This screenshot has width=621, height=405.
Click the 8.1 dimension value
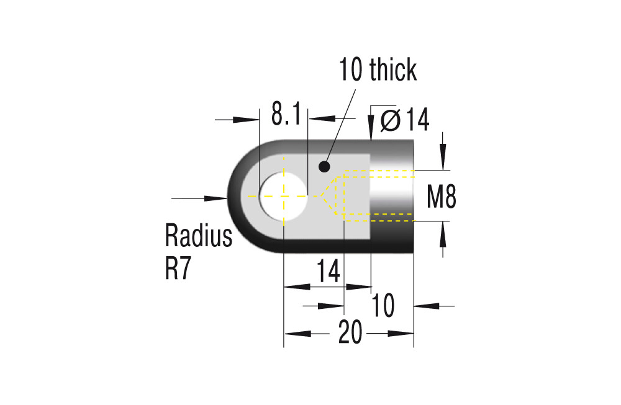click(x=286, y=113)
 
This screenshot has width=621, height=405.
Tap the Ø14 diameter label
click(x=405, y=120)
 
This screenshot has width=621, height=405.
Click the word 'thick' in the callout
click(x=393, y=69)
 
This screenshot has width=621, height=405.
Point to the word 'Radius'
click(x=199, y=236)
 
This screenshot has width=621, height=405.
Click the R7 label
click(x=178, y=269)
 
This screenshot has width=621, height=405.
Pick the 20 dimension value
click(x=350, y=332)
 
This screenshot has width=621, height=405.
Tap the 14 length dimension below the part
click(x=329, y=271)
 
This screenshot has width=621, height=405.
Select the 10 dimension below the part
click(x=383, y=305)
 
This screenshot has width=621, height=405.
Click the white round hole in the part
click(x=284, y=196)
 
